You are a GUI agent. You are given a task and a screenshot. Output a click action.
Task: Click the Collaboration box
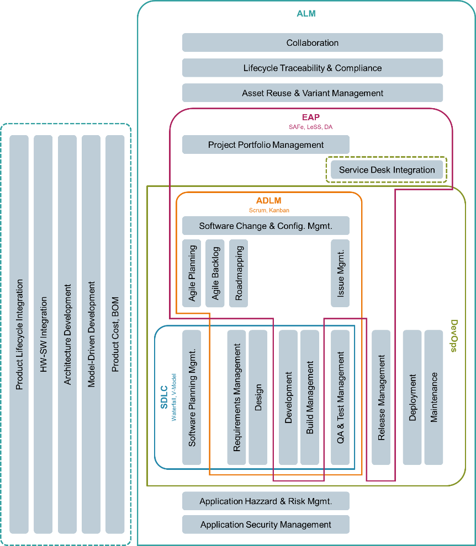(x=313, y=42)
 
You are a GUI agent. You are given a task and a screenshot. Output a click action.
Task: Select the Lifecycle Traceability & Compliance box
(x=313, y=68)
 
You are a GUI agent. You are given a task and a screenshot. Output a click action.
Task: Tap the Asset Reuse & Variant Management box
(x=313, y=93)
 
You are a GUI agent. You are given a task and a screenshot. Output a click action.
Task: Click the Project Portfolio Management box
(x=266, y=144)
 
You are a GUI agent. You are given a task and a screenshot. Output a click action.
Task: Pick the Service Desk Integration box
(x=387, y=170)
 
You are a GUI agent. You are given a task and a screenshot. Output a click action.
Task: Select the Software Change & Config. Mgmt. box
(x=266, y=226)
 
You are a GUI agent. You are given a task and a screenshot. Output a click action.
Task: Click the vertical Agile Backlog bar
(x=215, y=273)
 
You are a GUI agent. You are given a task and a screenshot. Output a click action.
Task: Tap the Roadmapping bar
(x=239, y=273)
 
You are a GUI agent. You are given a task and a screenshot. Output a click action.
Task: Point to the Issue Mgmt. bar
(x=340, y=273)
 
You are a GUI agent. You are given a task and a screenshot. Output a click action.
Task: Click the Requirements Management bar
(x=236, y=397)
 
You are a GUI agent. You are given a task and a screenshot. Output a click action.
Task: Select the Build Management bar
(x=310, y=397)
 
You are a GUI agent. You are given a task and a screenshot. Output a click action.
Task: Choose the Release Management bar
(x=381, y=397)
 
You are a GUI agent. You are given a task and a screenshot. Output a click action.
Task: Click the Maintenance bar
(x=433, y=397)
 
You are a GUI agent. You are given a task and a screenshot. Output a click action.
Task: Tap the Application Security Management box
(x=266, y=524)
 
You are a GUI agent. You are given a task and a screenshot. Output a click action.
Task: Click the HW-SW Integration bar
(x=43, y=335)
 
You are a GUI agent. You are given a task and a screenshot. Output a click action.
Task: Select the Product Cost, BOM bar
(x=115, y=335)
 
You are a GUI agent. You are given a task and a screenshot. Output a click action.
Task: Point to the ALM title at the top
(x=306, y=13)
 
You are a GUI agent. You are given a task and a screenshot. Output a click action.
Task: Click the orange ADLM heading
(x=269, y=201)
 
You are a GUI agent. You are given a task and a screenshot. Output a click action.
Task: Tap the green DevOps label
(x=454, y=336)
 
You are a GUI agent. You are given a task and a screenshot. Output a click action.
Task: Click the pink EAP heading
(x=310, y=117)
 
